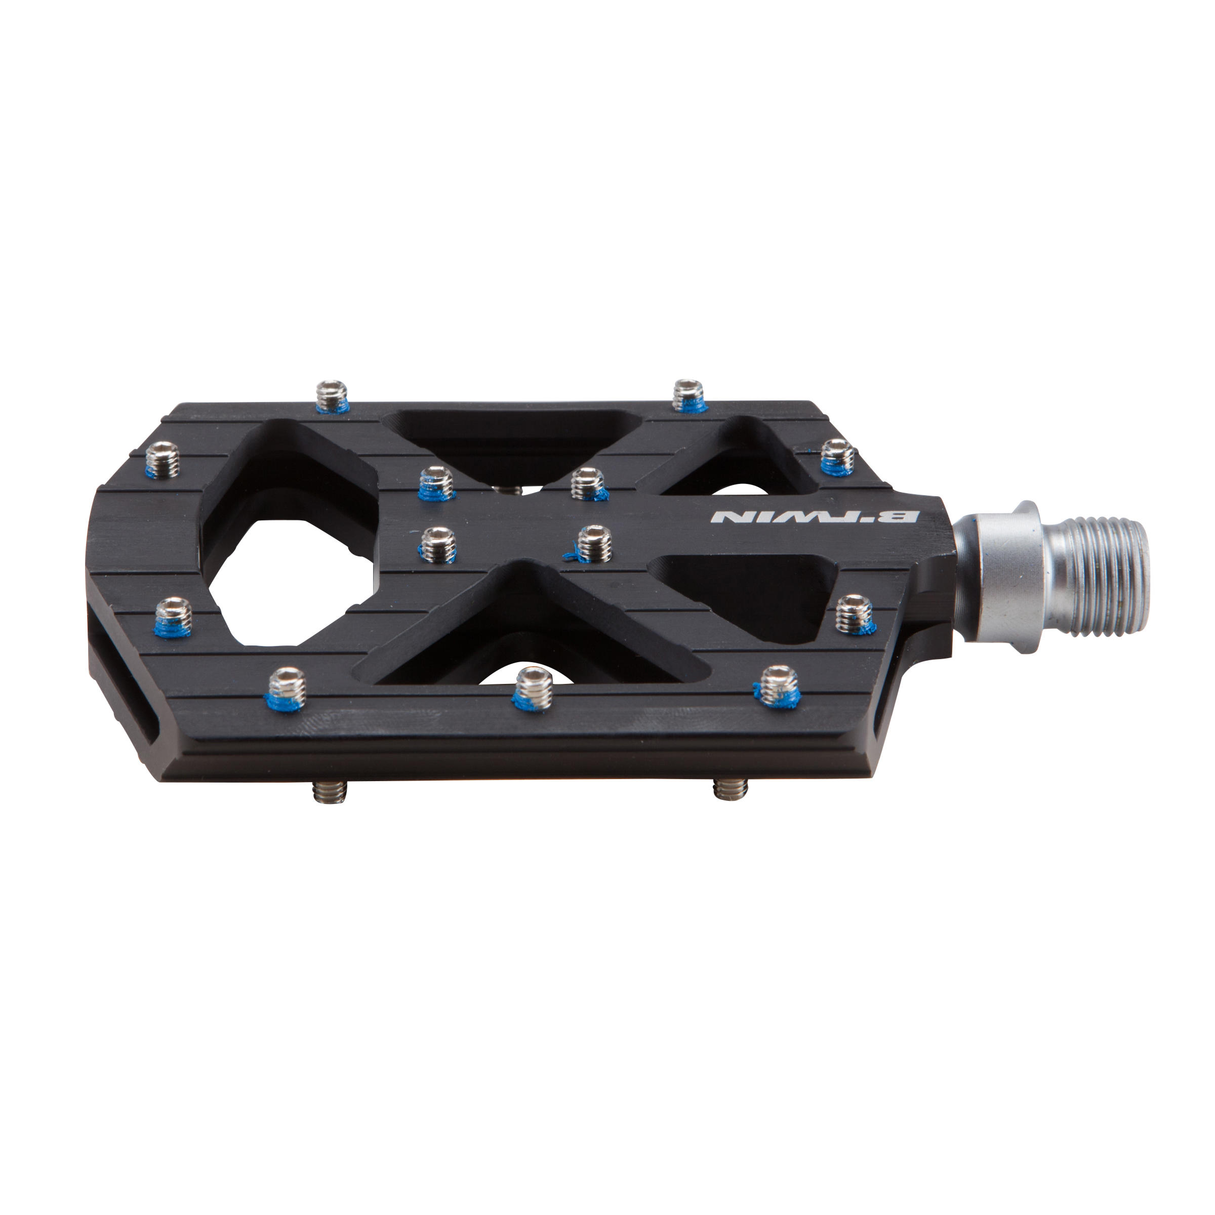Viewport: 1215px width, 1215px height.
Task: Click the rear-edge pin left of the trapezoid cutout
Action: [332, 396]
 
